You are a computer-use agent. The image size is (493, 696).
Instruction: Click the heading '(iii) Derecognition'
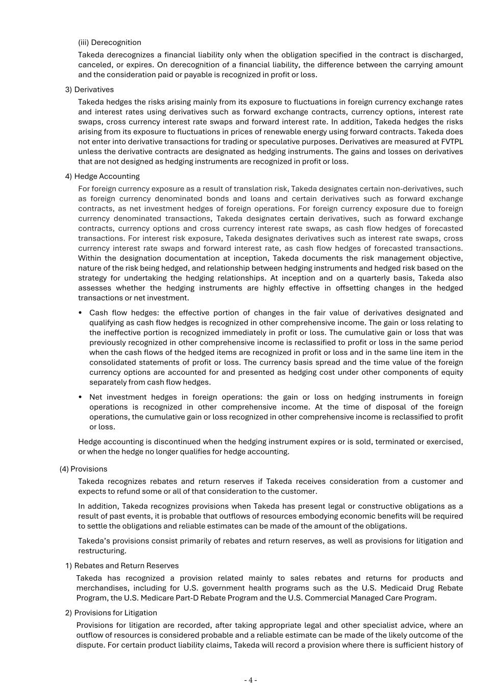(x=109, y=42)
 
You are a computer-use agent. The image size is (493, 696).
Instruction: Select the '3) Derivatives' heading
(x=89, y=90)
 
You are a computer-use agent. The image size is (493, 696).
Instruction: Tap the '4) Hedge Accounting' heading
(x=102, y=176)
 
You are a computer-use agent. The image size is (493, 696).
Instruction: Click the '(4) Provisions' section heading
(x=83, y=469)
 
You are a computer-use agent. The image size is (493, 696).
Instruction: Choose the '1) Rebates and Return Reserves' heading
(x=121, y=566)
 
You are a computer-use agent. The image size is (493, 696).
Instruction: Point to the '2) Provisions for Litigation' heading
(x=111, y=613)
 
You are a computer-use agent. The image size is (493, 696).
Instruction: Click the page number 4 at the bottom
(x=250, y=680)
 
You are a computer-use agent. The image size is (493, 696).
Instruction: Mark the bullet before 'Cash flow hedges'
(x=81, y=313)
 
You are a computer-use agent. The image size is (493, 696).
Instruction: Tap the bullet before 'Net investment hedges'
(x=81, y=397)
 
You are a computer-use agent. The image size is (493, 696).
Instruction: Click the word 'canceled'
(x=94, y=65)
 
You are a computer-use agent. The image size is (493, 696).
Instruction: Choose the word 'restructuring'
(x=102, y=551)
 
